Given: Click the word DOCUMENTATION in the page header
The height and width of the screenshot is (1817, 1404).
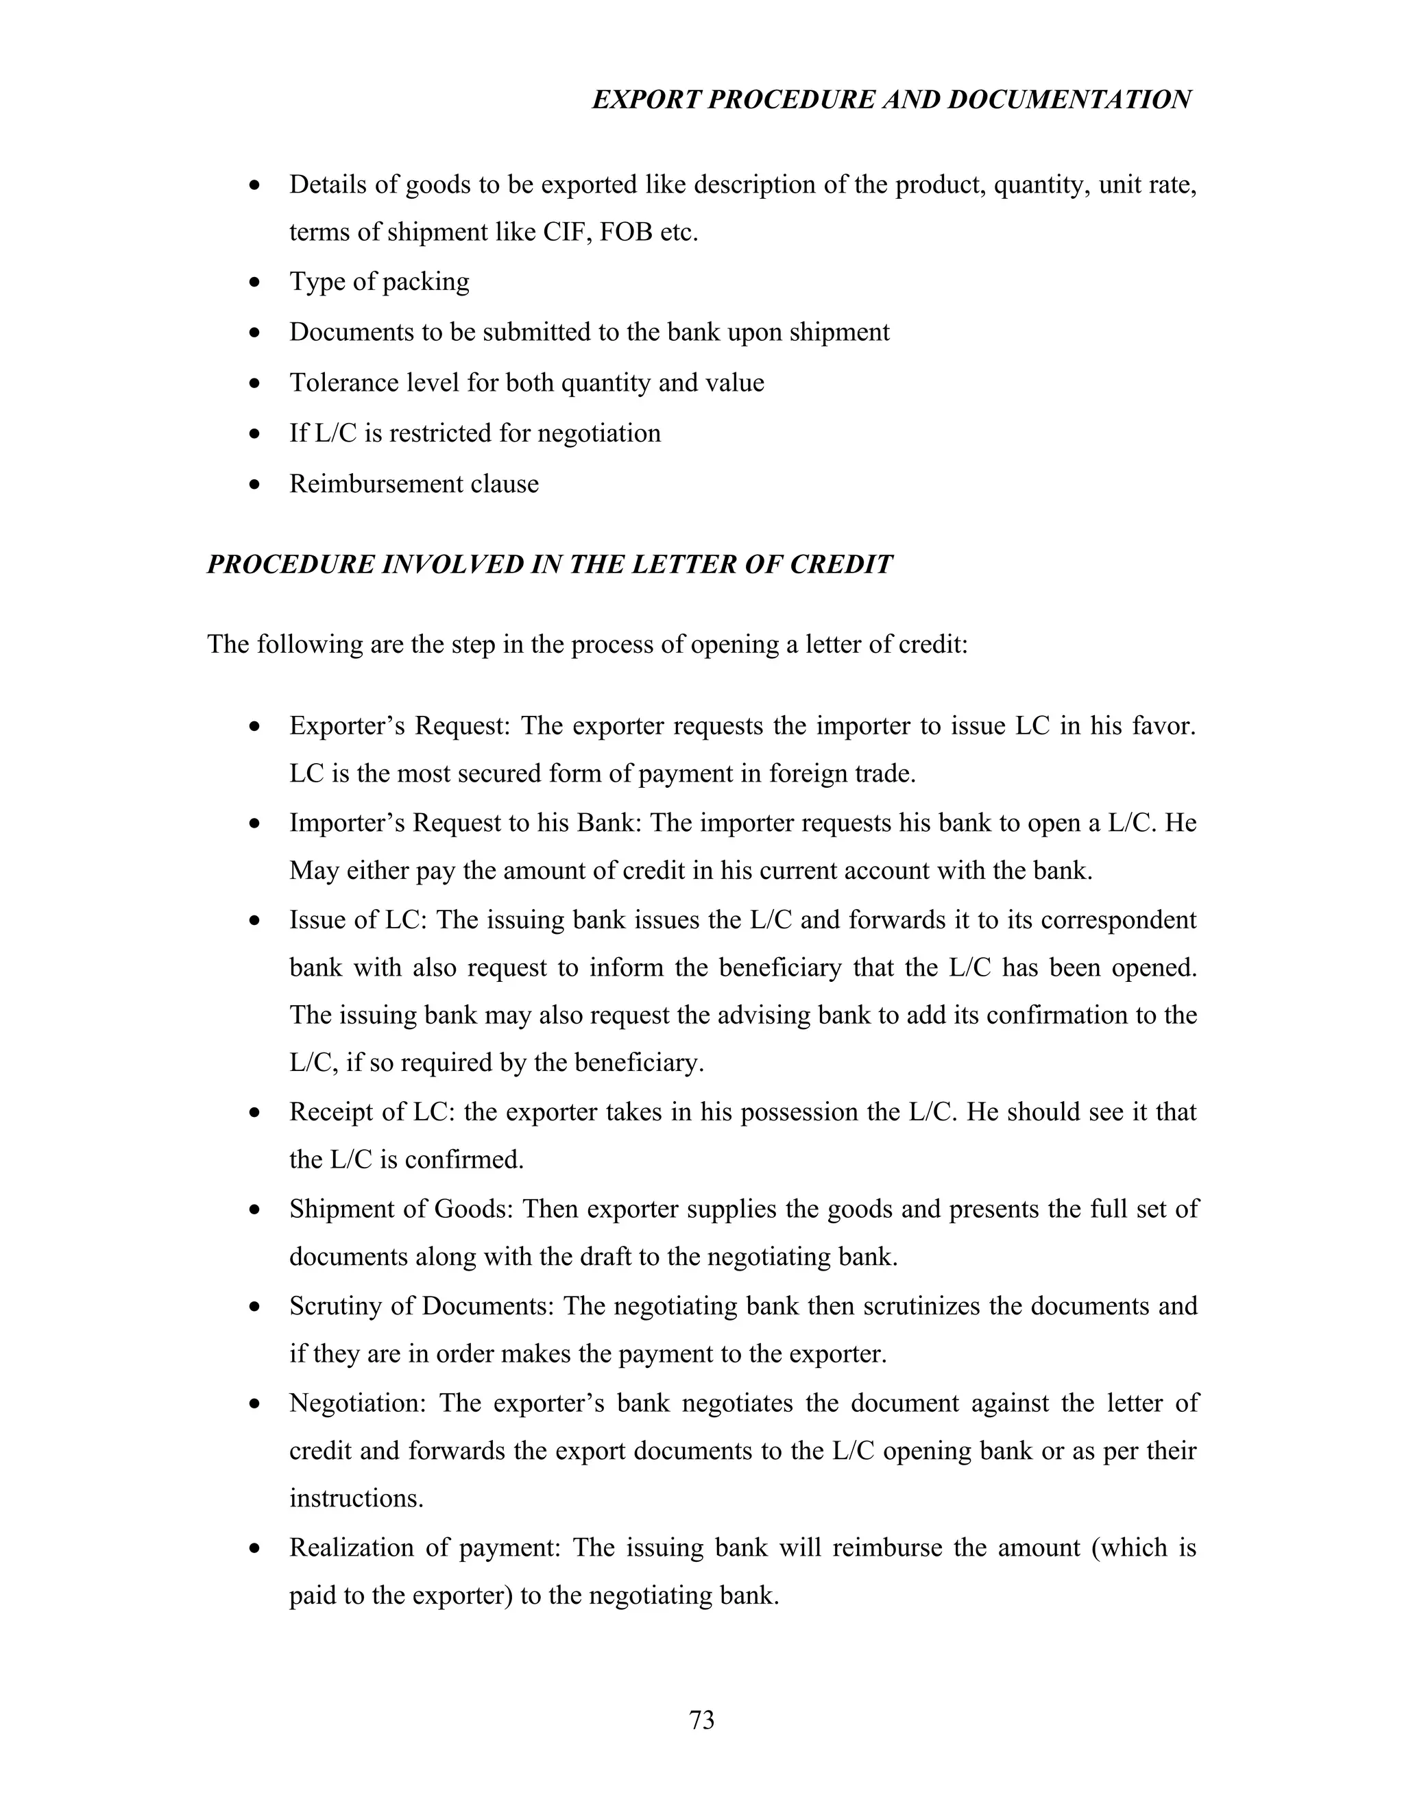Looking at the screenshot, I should (x=1069, y=100).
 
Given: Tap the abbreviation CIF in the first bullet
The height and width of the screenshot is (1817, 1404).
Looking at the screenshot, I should (x=566, y=232).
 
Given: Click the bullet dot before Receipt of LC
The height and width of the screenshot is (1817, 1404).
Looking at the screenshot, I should (x=255, y=1113).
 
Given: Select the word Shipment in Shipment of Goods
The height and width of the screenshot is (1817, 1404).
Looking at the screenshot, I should (x=336, y=1209).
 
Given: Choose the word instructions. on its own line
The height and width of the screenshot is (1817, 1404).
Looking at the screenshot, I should (x=356, y=1498).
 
